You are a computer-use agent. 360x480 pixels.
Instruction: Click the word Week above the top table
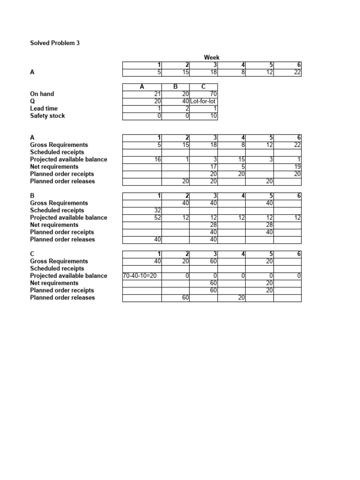(212, 58)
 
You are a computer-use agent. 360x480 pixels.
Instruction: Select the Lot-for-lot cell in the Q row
(203, 101)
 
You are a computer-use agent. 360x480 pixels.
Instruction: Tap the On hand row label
(42, 94)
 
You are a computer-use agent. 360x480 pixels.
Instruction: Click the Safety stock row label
(47, 116)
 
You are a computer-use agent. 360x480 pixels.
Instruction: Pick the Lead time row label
(44, 108)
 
